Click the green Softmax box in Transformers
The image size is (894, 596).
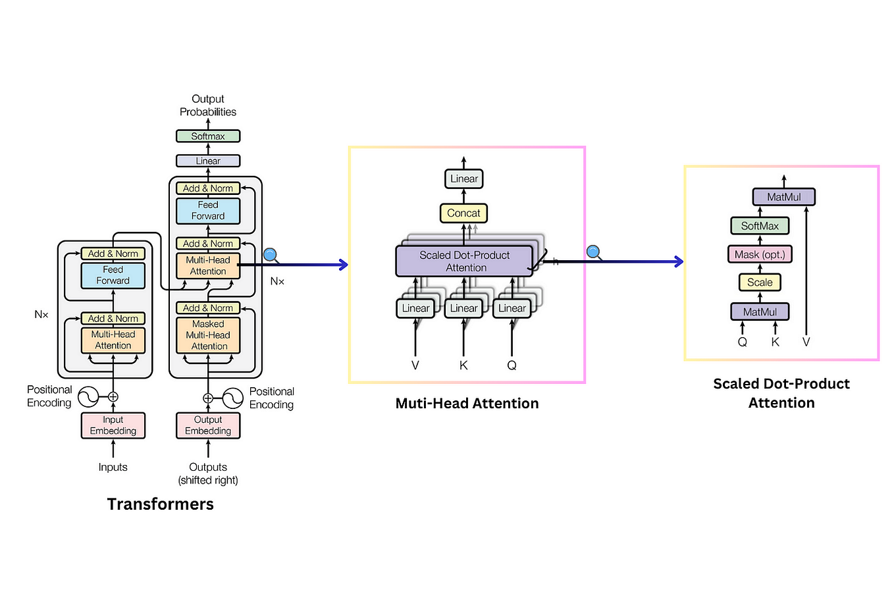point(208,136)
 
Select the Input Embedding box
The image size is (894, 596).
point(113,425)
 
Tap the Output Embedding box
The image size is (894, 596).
point(208,425)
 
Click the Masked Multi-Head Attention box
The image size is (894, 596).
point(208,335)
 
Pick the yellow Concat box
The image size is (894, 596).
point(463,213)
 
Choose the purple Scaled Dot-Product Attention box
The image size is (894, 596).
point(464,261)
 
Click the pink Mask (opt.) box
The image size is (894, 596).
point(760,254)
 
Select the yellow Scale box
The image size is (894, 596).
point(760,283)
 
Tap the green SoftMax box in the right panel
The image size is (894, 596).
point(760,226)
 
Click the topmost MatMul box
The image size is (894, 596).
point(783,197)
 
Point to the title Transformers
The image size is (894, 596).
point(161,504)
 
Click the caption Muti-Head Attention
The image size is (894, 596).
point(467,404)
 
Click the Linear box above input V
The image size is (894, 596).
point(415,308)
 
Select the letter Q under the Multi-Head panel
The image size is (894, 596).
point(512,365)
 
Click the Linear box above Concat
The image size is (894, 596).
point(463,179)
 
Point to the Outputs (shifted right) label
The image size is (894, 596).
point(208,474)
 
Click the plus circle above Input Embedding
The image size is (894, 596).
point(113,396)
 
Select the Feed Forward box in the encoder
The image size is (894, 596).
point(113,275)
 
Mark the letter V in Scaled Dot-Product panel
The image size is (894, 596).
point(806,342)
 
